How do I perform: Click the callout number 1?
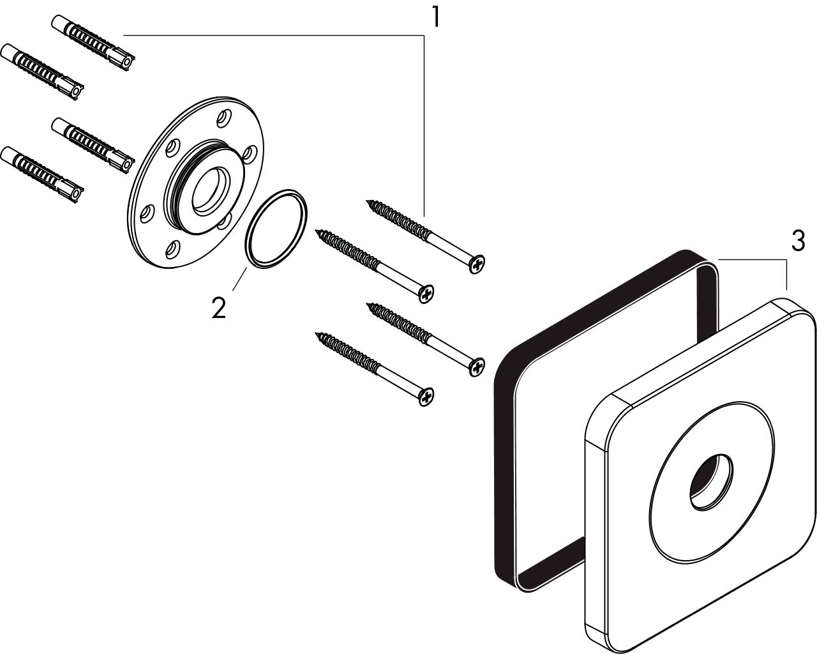[437, 17]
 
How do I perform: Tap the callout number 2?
[219, 308]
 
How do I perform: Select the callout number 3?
[798, 241]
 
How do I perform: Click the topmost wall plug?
[93, 42]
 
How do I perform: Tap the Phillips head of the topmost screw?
[477, 264]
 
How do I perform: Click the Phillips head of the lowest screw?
[426, 397]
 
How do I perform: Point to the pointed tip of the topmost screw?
[367, 201]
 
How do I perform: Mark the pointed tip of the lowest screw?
[316, 333]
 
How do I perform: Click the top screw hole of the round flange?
[224, 118]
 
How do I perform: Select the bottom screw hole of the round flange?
[173, 249]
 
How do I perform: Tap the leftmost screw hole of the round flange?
[147, 213]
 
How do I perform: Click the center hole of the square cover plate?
[711, 482]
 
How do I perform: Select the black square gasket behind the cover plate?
[505, 456]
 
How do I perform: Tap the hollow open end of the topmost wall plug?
[129, 62]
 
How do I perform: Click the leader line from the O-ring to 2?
[239, 279]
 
